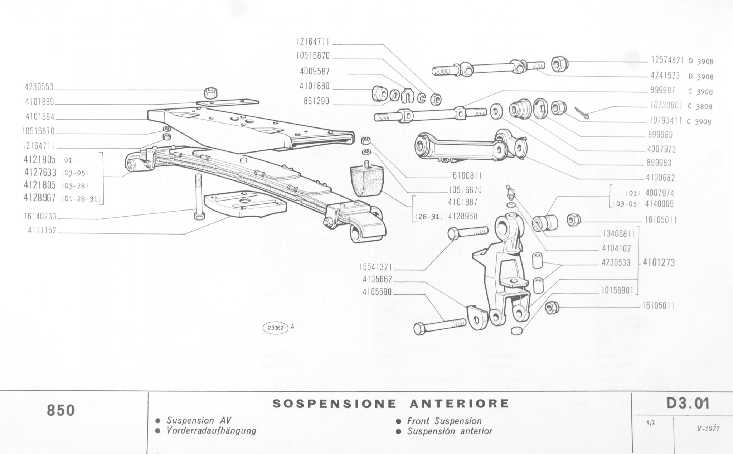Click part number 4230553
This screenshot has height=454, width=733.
(39, 87)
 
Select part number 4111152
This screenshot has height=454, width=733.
(42, 231)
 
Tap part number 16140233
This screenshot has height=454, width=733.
(40, 217)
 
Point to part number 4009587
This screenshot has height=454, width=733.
(315, 71)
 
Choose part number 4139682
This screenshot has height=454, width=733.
(661, 178)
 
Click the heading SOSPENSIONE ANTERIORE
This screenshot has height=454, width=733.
(390, 403)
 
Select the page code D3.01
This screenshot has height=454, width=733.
(688, 404)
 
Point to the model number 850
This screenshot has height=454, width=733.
(61, 410)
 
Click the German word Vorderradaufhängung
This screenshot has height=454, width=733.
(211, 430)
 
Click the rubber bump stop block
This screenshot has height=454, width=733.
(365, 182)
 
